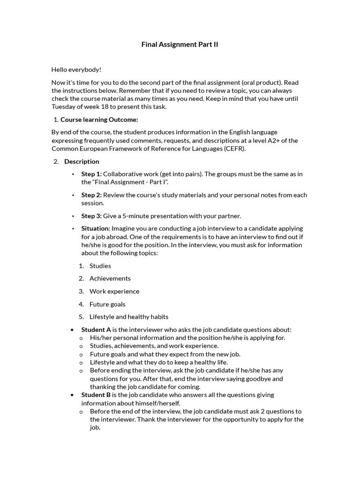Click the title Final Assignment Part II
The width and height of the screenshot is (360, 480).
(x=180, y=45)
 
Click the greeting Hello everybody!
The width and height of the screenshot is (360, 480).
(x=76, y=69)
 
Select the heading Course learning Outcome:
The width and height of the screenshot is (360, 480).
(x=99, y=120)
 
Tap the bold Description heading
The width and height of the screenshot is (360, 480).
(x=82, y=161)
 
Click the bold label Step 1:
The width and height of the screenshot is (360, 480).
(x=91, y=174)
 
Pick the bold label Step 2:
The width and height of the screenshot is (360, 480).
(x=91, y=195)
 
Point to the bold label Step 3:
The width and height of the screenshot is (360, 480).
(x=91, y=216)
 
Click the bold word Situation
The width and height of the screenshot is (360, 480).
(x=95, y=228)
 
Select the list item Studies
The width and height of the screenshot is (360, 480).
(x=100, y=266)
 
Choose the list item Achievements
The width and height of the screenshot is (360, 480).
(x=110, y=278)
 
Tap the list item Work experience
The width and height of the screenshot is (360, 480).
(x=114, y=291)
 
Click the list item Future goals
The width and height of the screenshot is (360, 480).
(x=107, y=304)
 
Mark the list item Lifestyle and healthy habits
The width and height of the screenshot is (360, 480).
(x=129, y=317)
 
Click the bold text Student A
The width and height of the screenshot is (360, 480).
(x=96, y=330)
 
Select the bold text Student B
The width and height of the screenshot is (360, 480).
(x=96, y=395)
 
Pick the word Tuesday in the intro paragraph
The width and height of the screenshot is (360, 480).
(x=64, y=106)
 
